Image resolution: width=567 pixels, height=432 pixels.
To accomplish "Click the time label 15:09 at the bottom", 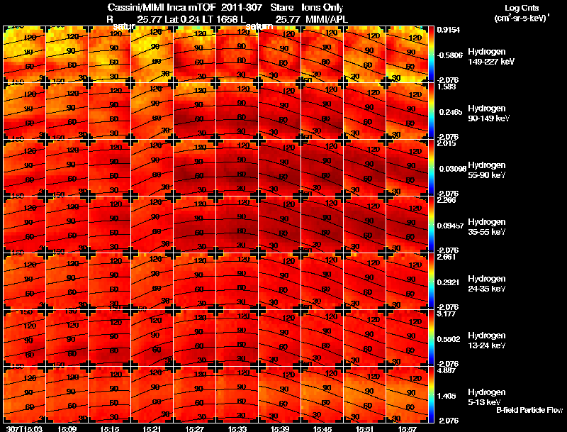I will [67, 428].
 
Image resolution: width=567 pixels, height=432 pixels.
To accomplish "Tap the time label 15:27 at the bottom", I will [195, 428].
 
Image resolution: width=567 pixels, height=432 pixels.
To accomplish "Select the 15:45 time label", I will [322, 428].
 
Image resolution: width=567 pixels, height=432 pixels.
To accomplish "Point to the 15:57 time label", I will [408, 428].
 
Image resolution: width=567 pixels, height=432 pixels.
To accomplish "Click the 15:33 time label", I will [237, 428].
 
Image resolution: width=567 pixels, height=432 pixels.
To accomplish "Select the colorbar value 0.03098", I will [451, 169].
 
